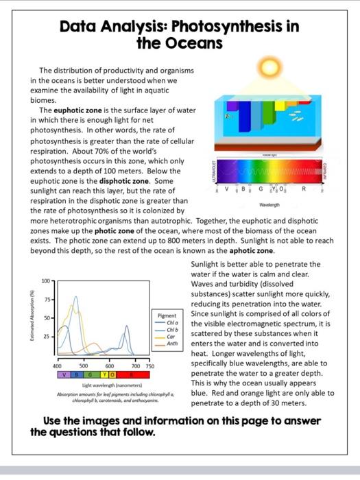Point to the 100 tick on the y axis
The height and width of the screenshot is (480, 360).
[x=45, y=282]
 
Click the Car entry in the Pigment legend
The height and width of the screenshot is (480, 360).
[x=171, y=337]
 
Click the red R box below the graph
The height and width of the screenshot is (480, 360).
[x=130, y=376]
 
